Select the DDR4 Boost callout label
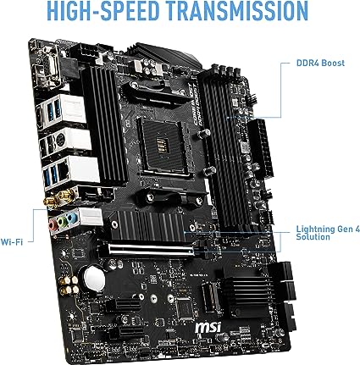(320, 62)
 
